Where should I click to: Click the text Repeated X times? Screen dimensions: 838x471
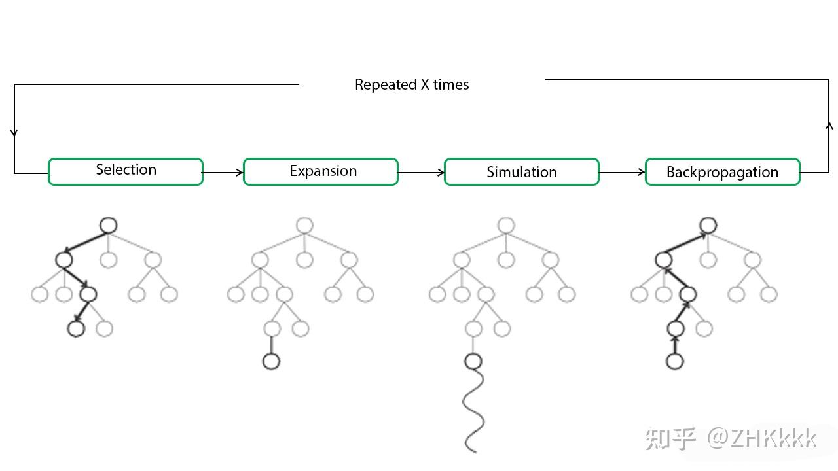click(x=412, y=84)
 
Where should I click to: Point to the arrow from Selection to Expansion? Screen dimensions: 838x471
click(x=223, y=172)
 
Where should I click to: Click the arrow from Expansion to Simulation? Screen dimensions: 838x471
click(x=421, y=172)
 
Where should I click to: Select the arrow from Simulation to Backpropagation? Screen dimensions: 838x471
click(x=622, y=172)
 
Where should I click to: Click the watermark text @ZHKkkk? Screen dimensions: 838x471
click(x=761, y=438)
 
